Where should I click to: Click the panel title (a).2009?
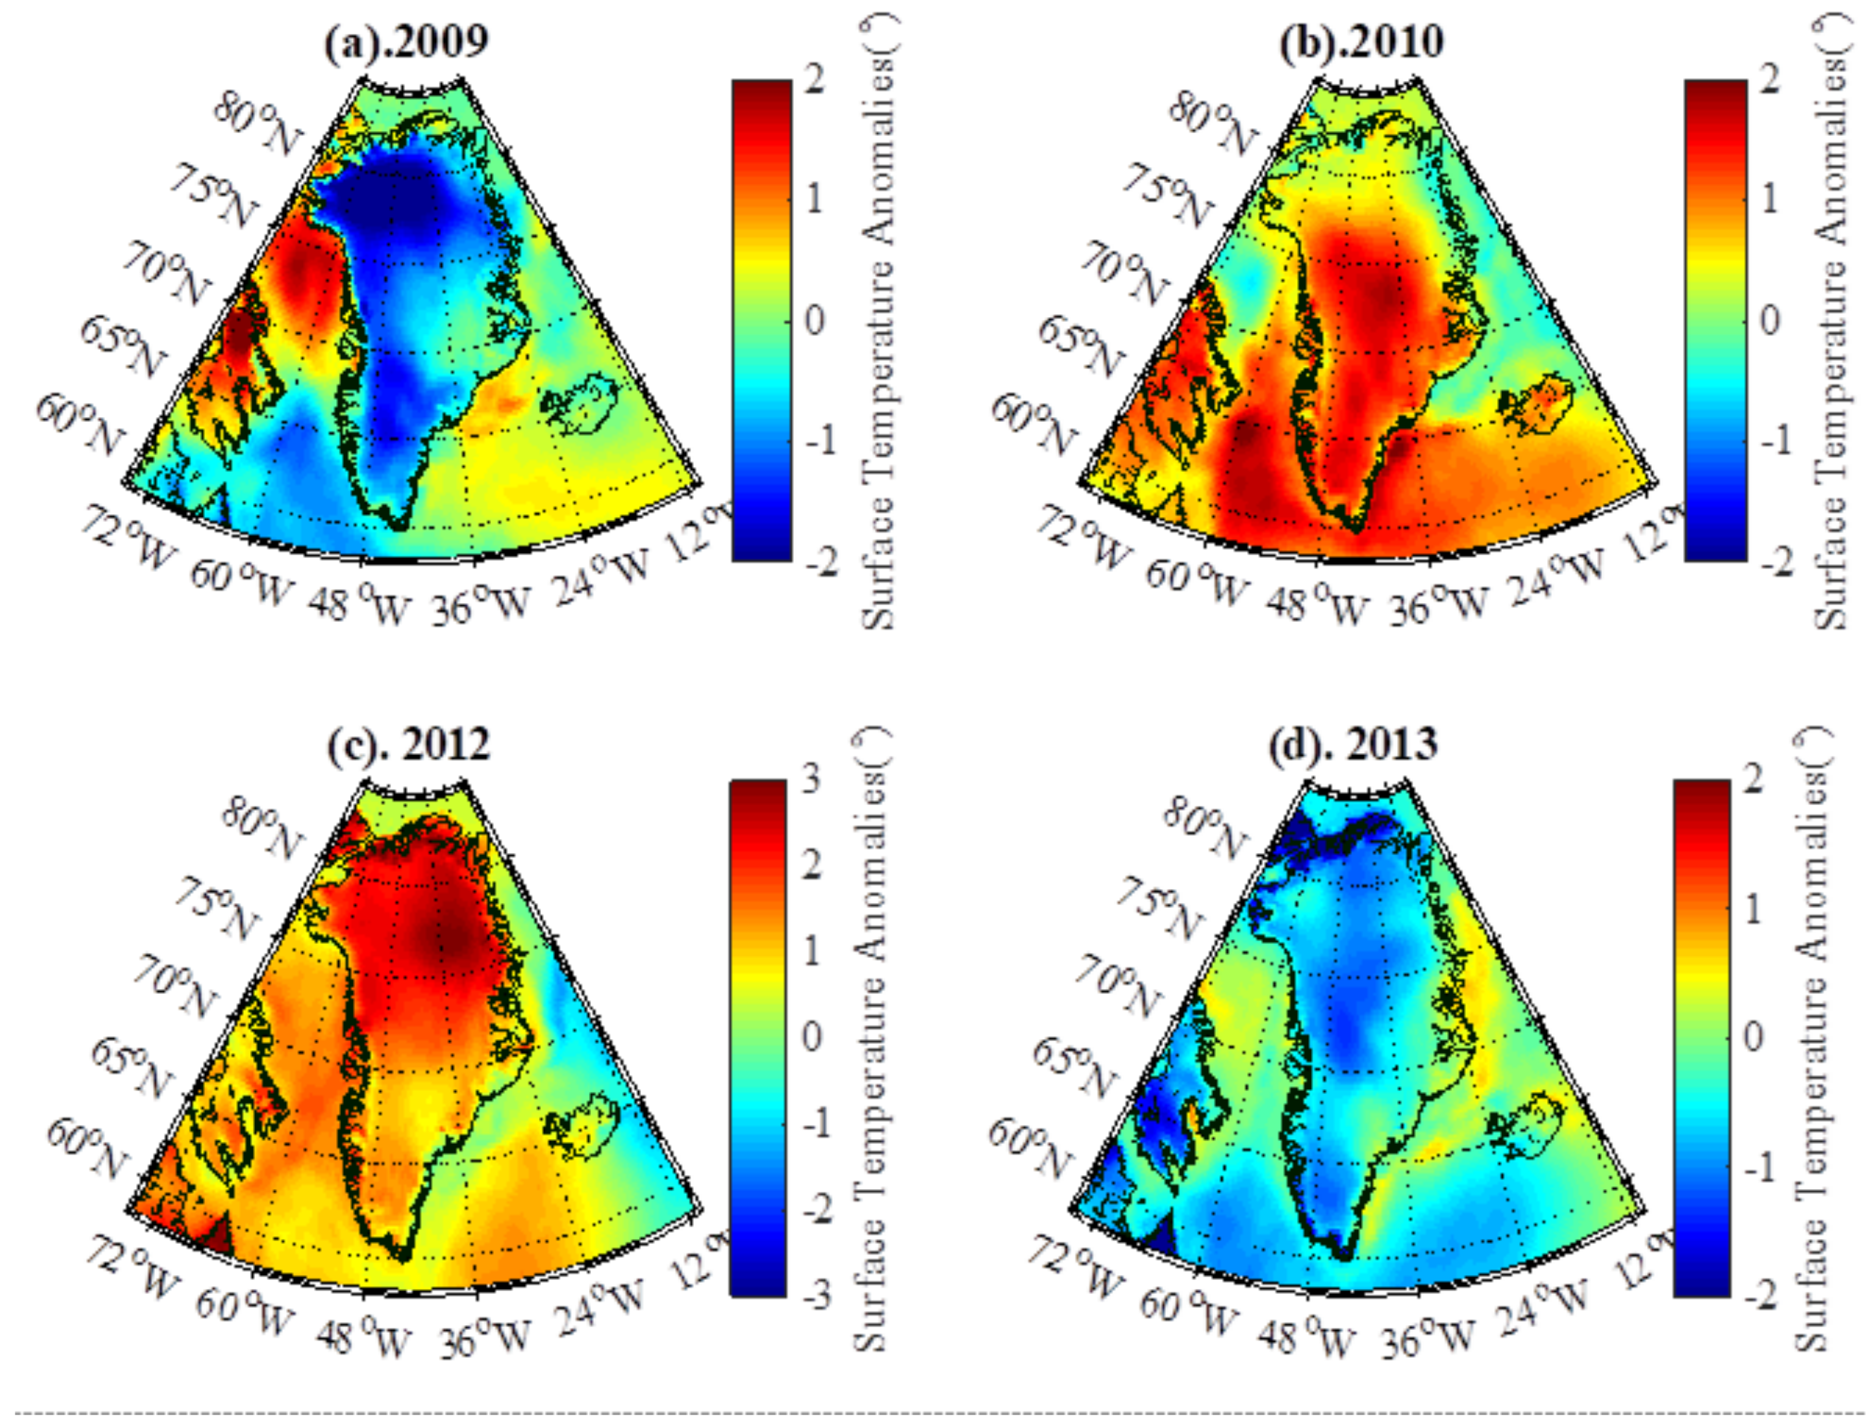coord(406,42)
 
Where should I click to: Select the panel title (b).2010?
coord(1360,42)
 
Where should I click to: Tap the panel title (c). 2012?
coord(409,744)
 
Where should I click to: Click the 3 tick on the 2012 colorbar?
coord(812,778)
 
